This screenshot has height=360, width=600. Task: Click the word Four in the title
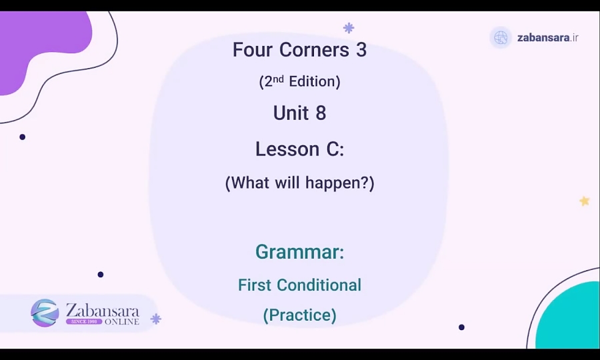point(253,50)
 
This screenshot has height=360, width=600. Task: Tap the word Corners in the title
point(313,50)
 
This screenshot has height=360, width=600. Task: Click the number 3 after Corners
point(361,50)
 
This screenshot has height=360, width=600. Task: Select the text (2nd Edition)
point(299,81)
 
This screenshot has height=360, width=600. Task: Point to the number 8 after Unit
point(321,113)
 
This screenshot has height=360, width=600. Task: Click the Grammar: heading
point(299,252)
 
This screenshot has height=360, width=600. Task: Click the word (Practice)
point(299,315)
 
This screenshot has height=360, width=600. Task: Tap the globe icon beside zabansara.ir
point(501,37)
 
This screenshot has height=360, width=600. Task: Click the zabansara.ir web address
point(548,38)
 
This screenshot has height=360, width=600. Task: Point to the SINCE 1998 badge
point(84,321)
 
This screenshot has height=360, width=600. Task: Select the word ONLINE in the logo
point(122,321)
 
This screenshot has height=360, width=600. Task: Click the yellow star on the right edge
point(585,201)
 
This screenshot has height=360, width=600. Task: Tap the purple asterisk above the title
point(349,28)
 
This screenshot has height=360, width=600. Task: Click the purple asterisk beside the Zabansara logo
point(156,319)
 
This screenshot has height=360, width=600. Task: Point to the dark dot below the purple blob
point(23,137)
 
